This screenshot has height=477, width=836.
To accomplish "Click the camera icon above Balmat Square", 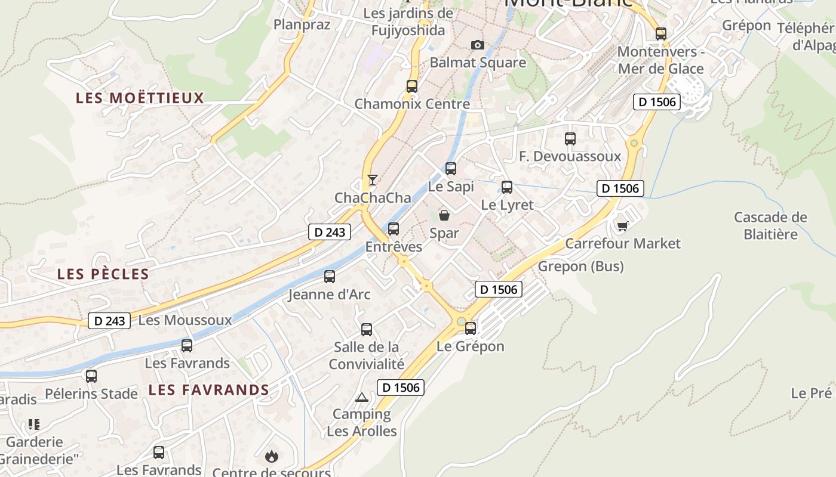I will (x=477, y=45).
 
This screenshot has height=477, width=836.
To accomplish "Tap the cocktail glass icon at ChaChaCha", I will (x=373, y=179).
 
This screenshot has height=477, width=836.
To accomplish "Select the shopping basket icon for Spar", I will (x=444, y=215).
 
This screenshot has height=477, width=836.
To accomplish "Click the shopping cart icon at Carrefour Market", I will (x=623, y=225).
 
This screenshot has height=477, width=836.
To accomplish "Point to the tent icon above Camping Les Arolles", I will (x=362, y=397).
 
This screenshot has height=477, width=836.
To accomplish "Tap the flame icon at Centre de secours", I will (x=272, y=457).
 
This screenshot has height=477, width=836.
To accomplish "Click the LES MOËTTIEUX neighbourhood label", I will (x=140, y=98).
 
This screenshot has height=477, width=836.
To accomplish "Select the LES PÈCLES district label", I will (x=103, y=274).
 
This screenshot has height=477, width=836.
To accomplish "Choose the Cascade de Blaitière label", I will (x=770, y=225).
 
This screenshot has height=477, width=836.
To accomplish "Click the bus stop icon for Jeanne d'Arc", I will (x=330, y=277).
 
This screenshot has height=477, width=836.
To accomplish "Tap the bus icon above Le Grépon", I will (x=471, y=328).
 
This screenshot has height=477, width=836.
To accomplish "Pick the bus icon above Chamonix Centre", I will (x=412, y=86).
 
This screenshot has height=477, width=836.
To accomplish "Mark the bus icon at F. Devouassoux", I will (x=570, y=139).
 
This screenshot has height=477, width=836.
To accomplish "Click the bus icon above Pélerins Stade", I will (x=91, y=376).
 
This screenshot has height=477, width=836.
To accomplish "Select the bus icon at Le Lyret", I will (x=507, y=187).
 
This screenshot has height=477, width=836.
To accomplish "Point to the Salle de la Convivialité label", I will (x=367, y=355).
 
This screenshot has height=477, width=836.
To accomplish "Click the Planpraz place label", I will (x=302, y=24).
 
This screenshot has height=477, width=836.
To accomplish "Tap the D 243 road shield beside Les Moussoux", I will (x=110, y=321).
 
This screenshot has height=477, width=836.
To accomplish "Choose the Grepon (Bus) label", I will (x=580, y=267).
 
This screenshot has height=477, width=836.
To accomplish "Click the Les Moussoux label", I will (x=185, y=320).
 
